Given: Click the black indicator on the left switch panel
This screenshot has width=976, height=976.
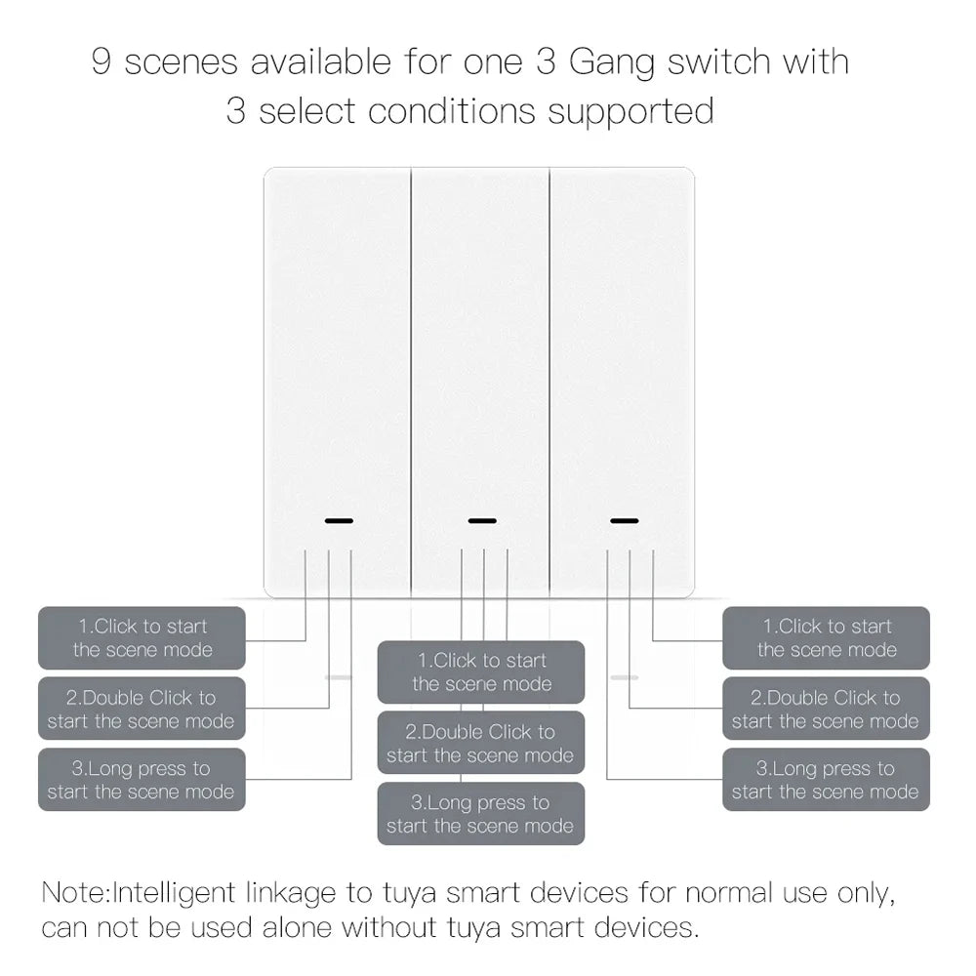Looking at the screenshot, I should [x=338, y=520].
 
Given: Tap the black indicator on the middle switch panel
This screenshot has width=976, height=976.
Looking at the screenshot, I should [x=481, y=520].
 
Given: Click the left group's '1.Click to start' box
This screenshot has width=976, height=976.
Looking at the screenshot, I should [x=142, y=638].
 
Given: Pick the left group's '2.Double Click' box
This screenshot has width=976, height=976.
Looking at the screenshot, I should [x=142, y=710].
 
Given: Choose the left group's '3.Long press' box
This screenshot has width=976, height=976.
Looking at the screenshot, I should [x=142, y=780].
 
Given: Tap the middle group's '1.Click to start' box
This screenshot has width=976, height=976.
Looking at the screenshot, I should [x=481, y=672].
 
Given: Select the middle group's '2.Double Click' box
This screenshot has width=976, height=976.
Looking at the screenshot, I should [x=481, y=744].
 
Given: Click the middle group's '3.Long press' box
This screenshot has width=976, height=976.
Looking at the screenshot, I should [x=481, y=815].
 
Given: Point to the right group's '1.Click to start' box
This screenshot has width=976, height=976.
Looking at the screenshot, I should [x=826, y=638].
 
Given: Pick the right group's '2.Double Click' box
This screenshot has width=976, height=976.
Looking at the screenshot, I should [x=826, y=710].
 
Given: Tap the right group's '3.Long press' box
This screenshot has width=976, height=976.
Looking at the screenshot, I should [x=826, y=780].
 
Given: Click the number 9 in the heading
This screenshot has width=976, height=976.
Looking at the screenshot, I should [x=102, y=62].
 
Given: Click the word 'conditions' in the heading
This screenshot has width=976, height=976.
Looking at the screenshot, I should [x=453, y=111].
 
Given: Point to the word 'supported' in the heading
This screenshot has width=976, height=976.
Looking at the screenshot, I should [x=630, y=111].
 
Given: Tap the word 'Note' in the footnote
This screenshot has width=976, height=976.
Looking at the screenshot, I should [x=75, y=892].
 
